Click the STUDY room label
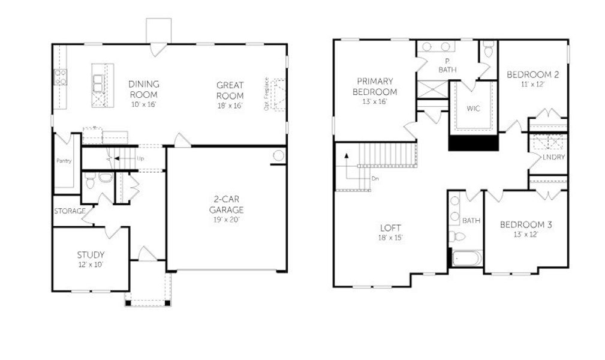pos(91,254)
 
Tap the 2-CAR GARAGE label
pos(226,205)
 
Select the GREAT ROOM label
pos(230,91)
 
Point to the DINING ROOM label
pos(143,89)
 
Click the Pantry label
pos(64,161)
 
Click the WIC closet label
pos(473,109)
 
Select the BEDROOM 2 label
pos(532,75)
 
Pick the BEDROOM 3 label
pos(526,224)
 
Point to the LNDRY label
pos(553,157)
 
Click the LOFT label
pos(390,228)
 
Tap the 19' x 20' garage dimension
pos(226,219)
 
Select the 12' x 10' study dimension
pos(91,263)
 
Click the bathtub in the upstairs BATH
pos(466,259)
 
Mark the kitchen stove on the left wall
pos(61,77)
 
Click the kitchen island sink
pos(98,82)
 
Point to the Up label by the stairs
pos(140,159)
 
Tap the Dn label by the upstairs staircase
pos(375,178)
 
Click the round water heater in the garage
pos(278,156)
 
